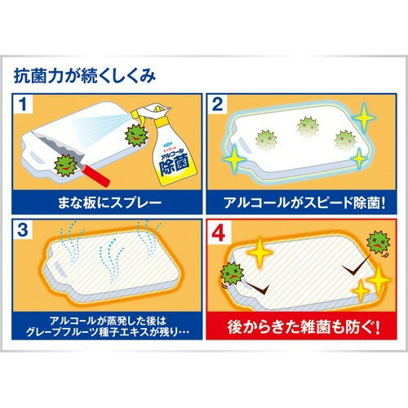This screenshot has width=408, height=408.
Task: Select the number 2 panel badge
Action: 218,104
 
